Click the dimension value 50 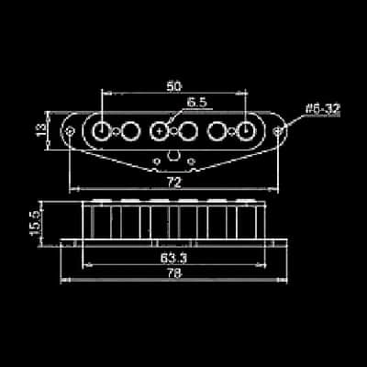tap(174, 86)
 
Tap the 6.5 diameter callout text tap(197, 103)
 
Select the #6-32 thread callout tap(323, 109)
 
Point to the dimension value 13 tap(41, 130)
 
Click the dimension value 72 tap(174, 183)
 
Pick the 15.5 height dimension tap(36, 223)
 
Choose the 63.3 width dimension tap(173, 259)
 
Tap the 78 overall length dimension tap(174, 274)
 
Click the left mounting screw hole tap(71, 131)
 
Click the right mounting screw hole tap(277, 131)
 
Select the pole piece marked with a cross tap(160, 131)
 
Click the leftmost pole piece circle tap(101, 131)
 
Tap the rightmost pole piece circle tap(246, 131)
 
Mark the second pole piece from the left tap(130, 131)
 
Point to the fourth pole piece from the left tap(188, 131)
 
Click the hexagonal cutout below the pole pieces tap(174, 156)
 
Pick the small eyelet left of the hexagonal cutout tap(157, 161)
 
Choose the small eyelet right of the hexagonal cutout tap(191, 161)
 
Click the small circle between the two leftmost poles tap(117, 132)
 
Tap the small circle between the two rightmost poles tap(232, 132)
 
